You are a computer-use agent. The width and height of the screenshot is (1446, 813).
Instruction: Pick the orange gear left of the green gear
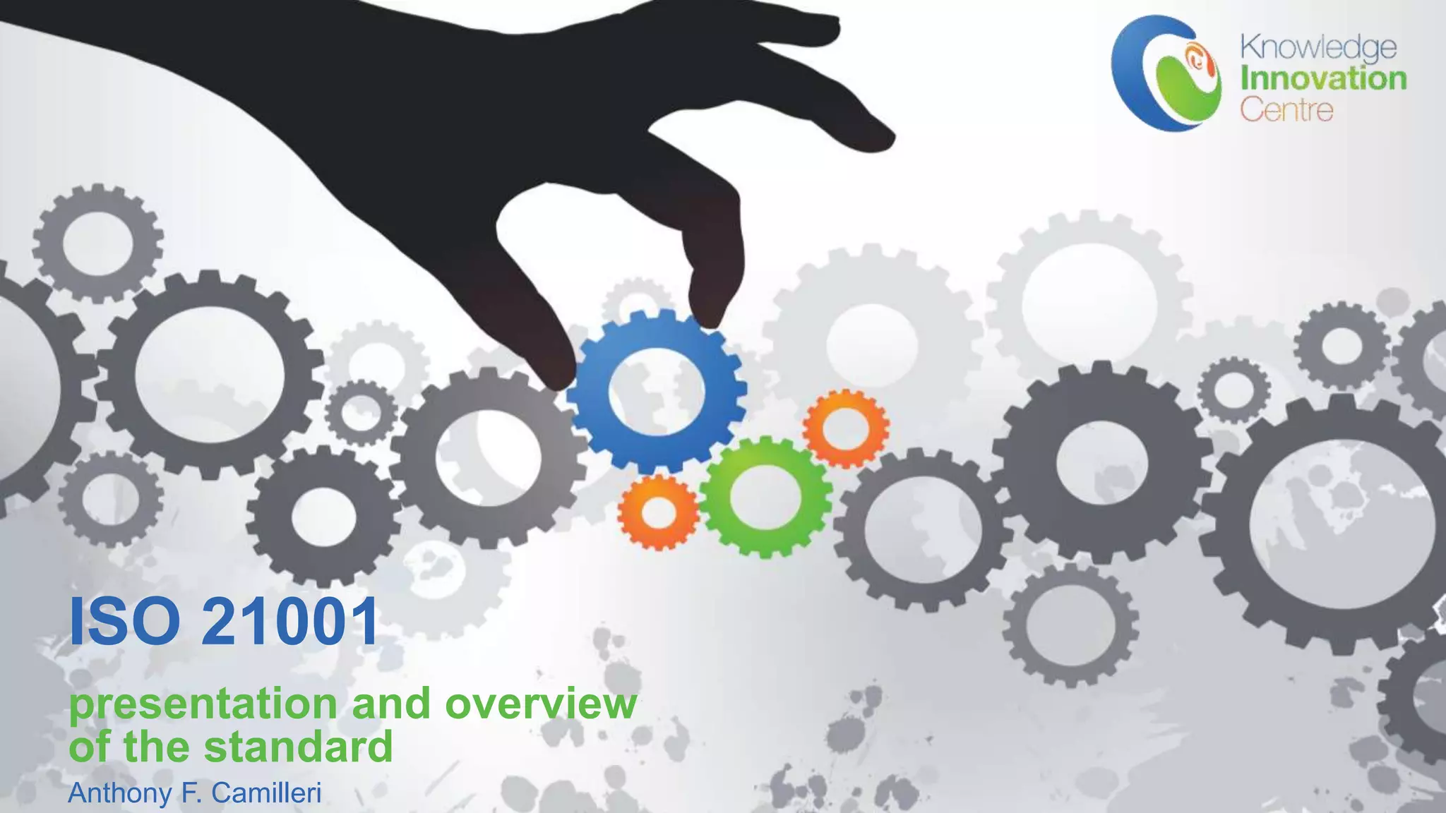[658, 512]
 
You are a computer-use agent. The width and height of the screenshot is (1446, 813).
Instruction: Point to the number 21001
[290, 622]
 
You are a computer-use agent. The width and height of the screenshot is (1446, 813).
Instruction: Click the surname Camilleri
[266, 793]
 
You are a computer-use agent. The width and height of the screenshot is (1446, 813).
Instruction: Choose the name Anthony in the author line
[121, 793]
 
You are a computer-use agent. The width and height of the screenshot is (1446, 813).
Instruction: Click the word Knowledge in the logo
[1318, 48]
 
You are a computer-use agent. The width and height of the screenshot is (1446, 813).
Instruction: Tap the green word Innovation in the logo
[1323, 78]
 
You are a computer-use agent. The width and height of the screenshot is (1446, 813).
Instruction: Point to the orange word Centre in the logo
[1286, 110]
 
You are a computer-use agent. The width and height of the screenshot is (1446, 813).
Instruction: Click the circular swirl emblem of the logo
[1166, 73]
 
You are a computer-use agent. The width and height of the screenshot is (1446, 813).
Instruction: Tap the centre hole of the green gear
[764, 496]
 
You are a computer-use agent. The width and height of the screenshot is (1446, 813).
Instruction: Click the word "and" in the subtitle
[391, 704]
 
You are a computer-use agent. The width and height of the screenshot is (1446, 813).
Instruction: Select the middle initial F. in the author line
[191, 793]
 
